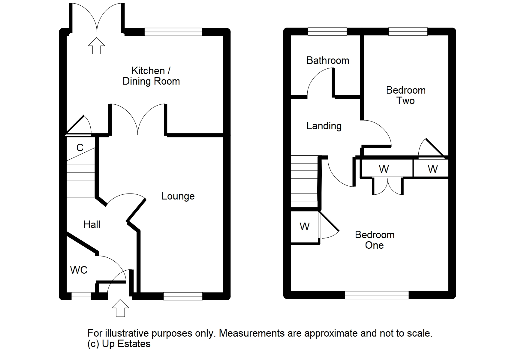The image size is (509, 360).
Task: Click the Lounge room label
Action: point(178,196)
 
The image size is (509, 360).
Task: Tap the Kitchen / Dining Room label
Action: point(151,76)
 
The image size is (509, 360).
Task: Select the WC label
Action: point(79,270)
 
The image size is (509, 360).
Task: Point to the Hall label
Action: point(92,224)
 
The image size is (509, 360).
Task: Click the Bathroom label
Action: point(328,61)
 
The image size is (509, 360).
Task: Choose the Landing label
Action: point(324,126)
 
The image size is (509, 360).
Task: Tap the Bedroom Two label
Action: point(406,95)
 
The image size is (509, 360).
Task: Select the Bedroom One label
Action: point(375,240)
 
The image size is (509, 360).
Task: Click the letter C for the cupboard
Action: point(80,148)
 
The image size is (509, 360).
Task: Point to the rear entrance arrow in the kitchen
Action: point(96,46)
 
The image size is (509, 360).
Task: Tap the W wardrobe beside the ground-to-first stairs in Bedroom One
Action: point(305,226)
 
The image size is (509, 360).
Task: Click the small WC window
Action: point(81,296)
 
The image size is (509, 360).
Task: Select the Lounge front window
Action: point(183,296)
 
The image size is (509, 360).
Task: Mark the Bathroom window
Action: point(327,31)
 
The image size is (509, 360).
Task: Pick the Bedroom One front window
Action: point(377,295)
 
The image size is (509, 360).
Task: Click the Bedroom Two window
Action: point(408,31)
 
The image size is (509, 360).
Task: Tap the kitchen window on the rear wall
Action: point(173,32)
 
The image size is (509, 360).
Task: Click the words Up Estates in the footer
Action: point(126,343)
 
